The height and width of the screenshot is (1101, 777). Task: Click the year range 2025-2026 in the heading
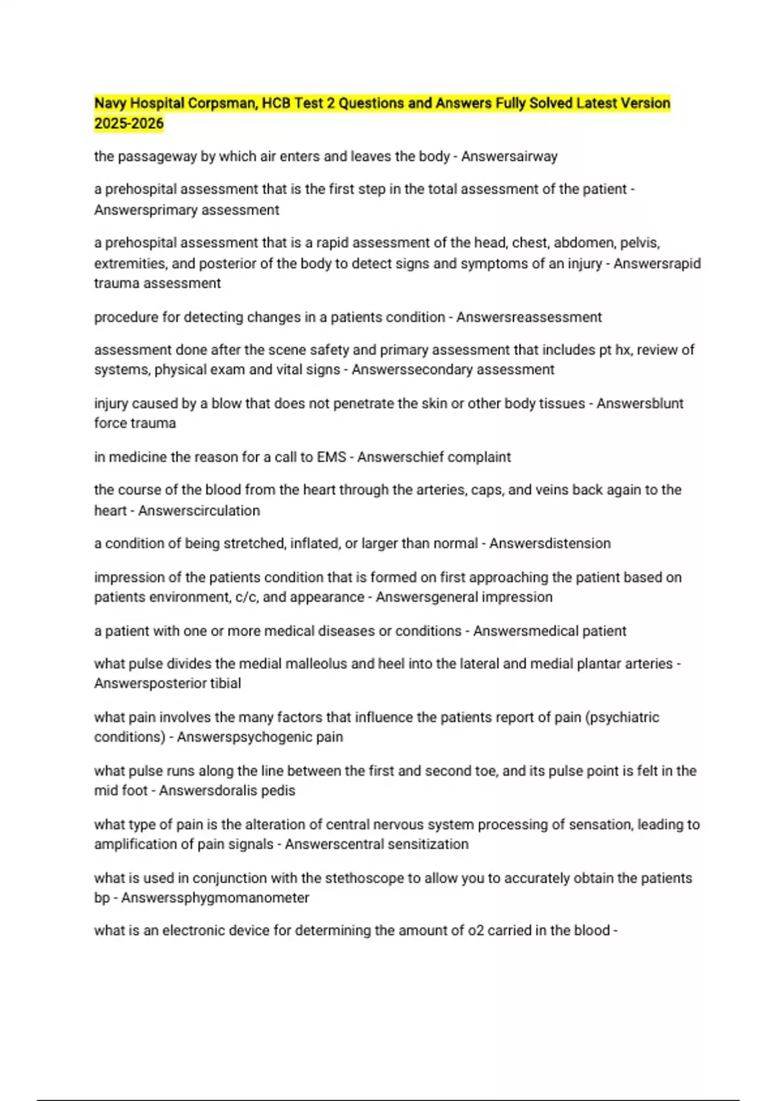click(129, 124)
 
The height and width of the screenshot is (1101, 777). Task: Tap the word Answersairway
click(509, 156)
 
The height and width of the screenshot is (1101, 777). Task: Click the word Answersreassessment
click(529, 317)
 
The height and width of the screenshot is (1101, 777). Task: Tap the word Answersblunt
click(640, 403)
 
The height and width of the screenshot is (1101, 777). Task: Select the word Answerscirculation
click(199, 510)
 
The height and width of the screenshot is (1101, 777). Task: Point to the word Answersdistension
click(550, 543)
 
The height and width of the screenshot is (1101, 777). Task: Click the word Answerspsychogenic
click(245, 737)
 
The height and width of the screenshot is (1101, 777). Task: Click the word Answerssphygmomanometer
click(215, 898)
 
